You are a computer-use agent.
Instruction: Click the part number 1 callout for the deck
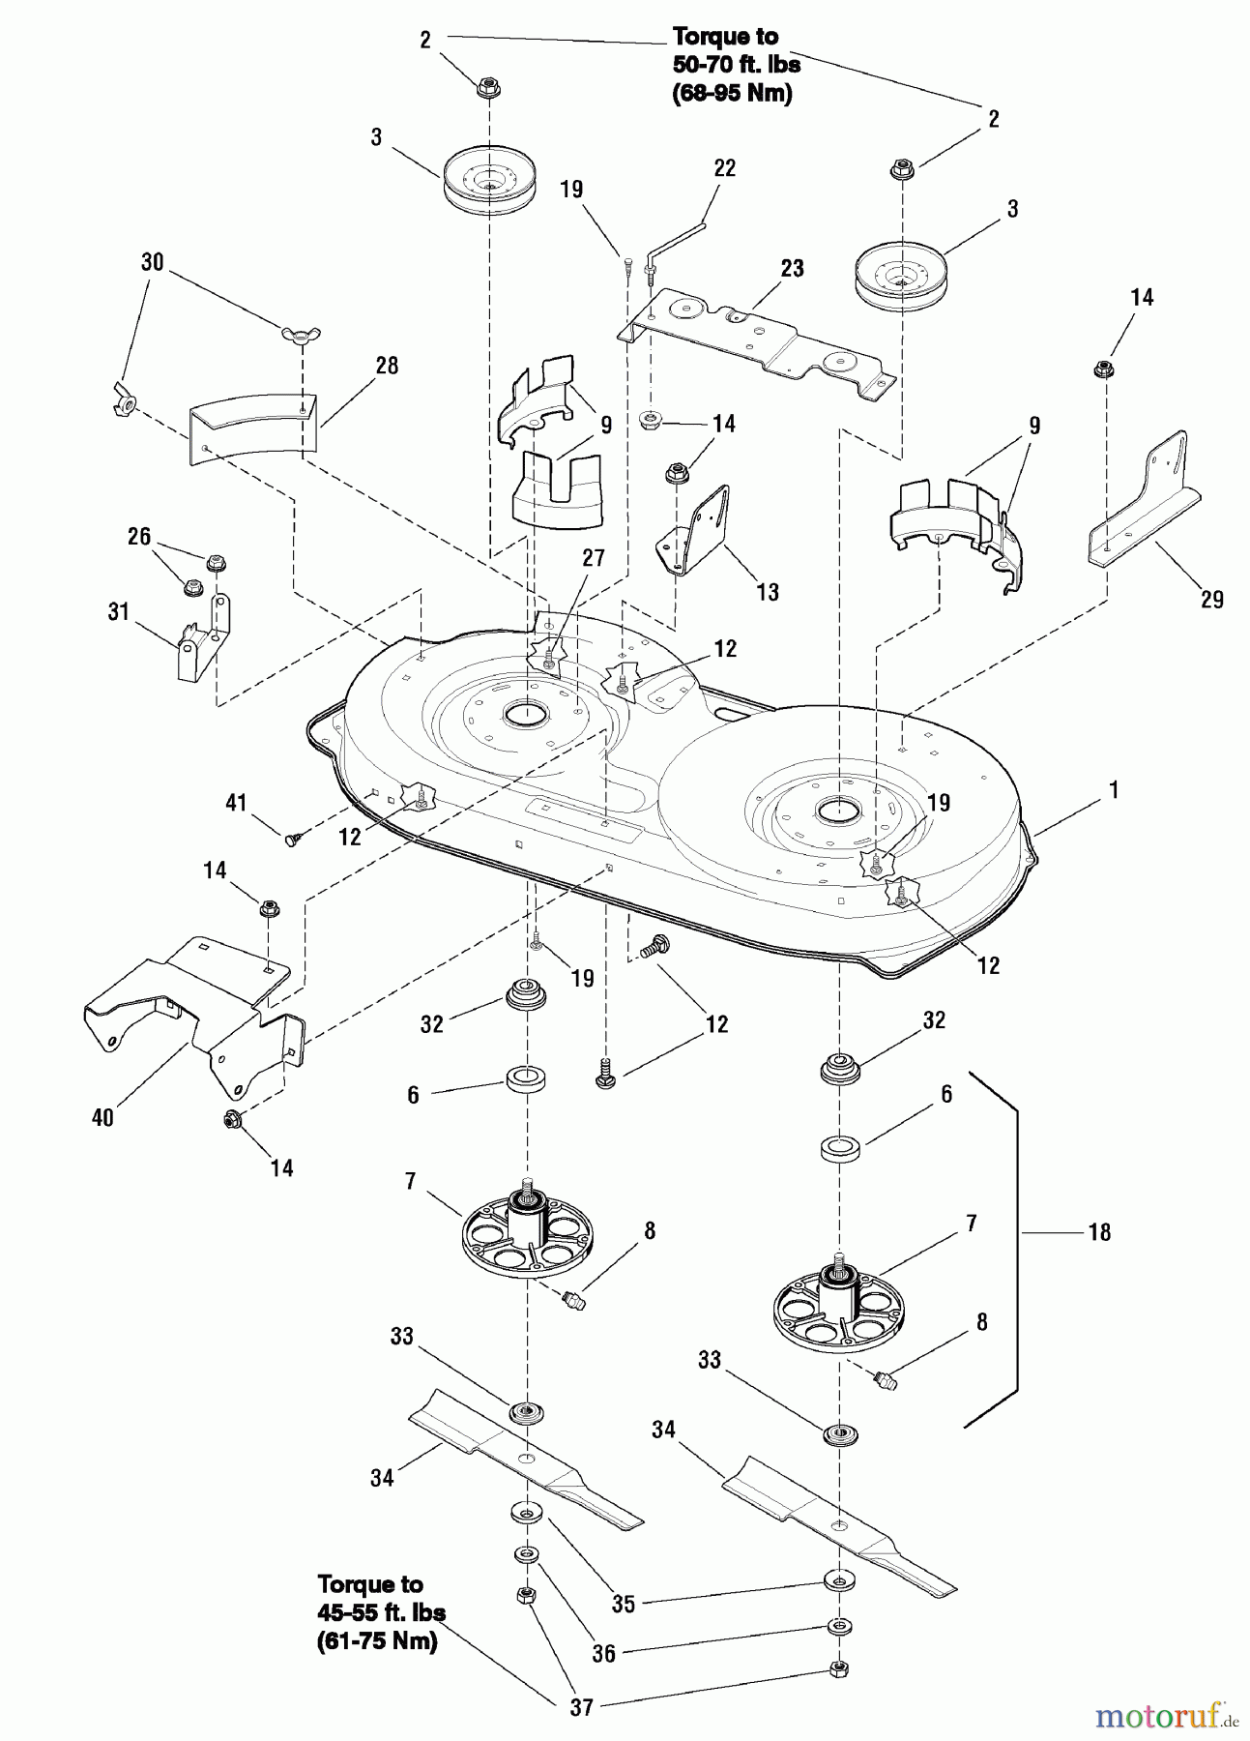pyautogui.click(x=1114, y=790)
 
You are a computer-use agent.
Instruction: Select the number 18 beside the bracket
pyautogui.click(x=1099, y=1232)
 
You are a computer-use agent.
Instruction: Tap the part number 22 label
pyautogui.click(x=724, y=168)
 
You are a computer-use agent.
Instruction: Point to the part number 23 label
pyautogui.click(x=792, y=268)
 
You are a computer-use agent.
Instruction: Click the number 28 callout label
pyautogui.click(x=387, y=366)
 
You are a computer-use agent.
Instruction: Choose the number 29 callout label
pyautogui.click(x=1211, y=600)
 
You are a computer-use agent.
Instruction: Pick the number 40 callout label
pyautogui.click(x=102, y=1118)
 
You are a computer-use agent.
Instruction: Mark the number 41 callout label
pyautogui.click(x=236, y=803)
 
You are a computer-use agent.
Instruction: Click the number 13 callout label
pyautogui.click(x=767, y=592)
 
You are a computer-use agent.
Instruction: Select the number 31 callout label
pyautogui.click(x=118, y=612)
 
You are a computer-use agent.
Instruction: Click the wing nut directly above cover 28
pyautogui.click(x=302, y=335)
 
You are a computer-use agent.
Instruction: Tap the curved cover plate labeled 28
pyautogui.click(x=251, y=426)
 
